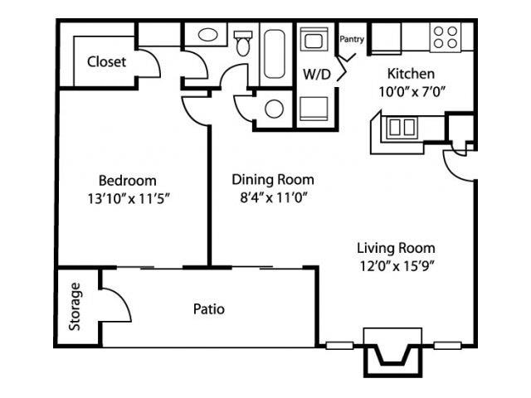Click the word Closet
(107, 61)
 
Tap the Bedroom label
(127, 180)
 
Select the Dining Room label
(273, 179)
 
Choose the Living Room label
(396, 248)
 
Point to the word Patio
(209, 309)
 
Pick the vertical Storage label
(76, 308)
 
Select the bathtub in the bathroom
(273, 53)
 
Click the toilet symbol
(243, 43)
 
